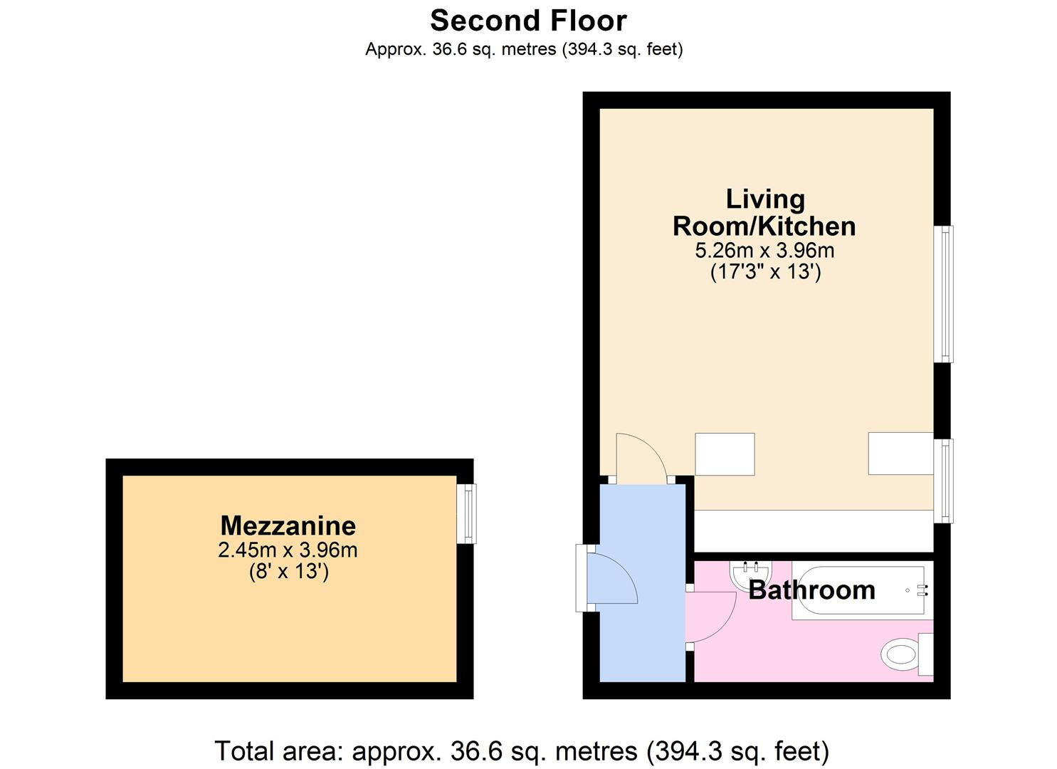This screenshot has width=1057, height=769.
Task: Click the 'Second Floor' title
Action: click(528, 21)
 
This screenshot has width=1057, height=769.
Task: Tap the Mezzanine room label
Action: click(288, 525)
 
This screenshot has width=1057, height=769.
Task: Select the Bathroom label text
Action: click(811, 590)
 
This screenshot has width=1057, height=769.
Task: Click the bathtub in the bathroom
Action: click(858, 591)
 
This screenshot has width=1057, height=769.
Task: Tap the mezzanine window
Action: click(466, 513)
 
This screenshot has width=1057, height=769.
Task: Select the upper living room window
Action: click(944, 294)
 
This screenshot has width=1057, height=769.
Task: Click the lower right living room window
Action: click(944, 481)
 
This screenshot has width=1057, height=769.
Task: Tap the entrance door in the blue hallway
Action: click(611, 578)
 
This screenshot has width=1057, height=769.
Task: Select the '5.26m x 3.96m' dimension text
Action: click(764, 251)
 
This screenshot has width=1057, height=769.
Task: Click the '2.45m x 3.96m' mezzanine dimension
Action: click(288, 550)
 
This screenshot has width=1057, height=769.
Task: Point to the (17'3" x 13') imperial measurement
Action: click(765, 272)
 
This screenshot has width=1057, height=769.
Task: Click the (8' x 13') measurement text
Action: click(288, 571)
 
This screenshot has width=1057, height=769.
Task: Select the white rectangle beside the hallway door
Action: click(725, 454)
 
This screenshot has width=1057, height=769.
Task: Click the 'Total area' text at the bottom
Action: click(521, 750)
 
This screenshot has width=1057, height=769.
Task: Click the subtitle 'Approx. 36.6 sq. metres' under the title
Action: click(524, 49)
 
